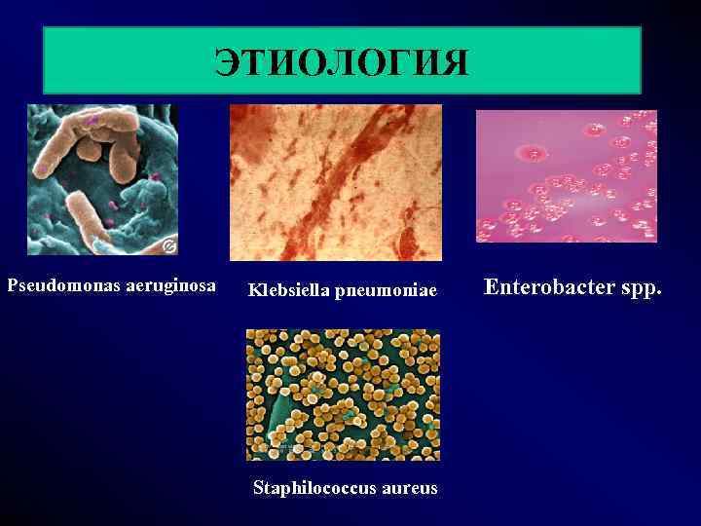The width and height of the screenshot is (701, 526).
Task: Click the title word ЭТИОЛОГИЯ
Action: pos(342,61)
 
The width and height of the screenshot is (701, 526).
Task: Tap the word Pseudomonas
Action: pos(64,285)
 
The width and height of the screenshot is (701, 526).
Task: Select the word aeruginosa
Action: pos(170,286)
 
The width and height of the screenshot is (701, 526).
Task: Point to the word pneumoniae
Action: pos(387,290)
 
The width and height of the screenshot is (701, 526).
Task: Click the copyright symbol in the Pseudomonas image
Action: pos(168,244)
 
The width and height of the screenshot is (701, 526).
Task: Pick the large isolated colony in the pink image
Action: pos(531,152)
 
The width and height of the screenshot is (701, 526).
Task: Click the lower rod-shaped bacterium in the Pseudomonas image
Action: pos(90,216)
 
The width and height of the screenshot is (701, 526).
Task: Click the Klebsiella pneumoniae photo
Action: pos(335,182)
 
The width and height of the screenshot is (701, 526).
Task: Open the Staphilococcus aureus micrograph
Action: pos(343,394)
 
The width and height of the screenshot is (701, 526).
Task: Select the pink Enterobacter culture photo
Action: pos(566,175)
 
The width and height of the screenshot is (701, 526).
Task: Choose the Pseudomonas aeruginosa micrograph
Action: pos(103,180)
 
